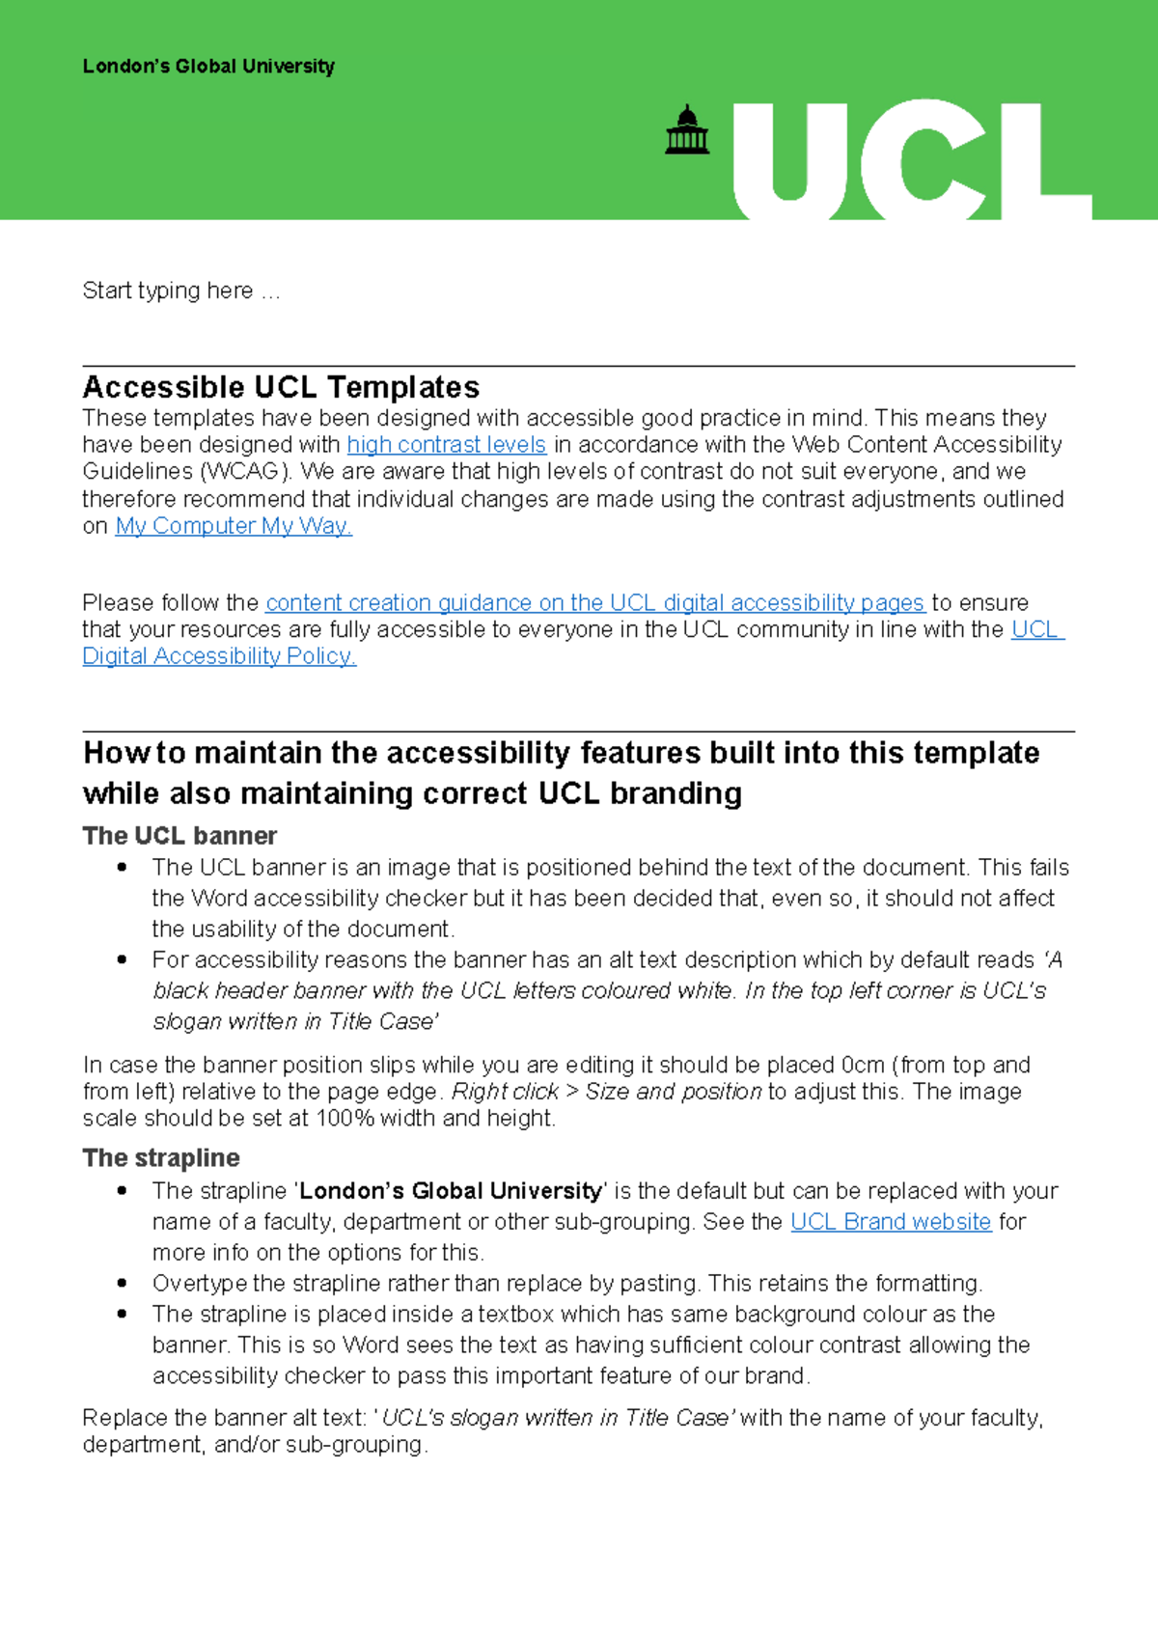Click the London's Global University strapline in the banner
click(x=208, y=67)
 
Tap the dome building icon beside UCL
click(x=687, y=130)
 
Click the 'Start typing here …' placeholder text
click(x=180, y=291)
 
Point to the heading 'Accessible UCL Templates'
click(x=281, y=387)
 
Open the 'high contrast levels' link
click(x=446, y=445)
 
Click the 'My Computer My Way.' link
click(x=234, y=526)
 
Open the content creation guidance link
click(x=594, y=603)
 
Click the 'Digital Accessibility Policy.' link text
click(x=219, y=656)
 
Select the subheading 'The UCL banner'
click(x=179, y=836)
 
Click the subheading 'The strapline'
click(x=161, y=1158)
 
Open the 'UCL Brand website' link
click(x=890, y=1222)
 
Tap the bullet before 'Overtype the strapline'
click(x=122, y=1284)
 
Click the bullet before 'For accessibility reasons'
click(x=122, y=960)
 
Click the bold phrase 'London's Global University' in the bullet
click(x=451, y=1191)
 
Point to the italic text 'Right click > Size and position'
click(x=607, y=1092)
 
